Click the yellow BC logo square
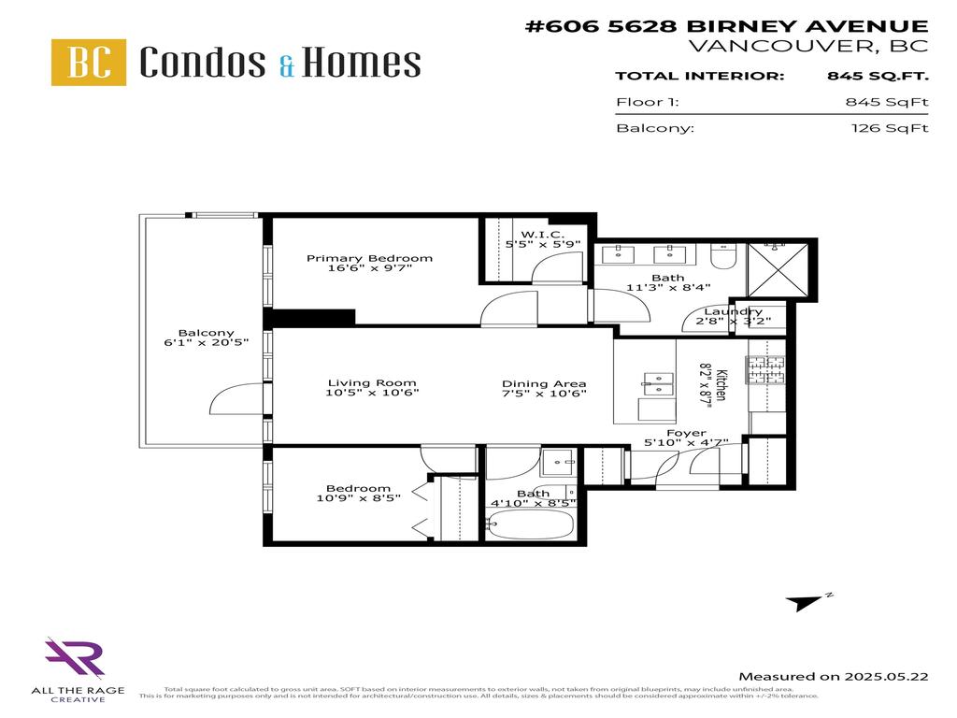point(89,63)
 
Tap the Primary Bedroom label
point(369,258)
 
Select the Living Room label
point(371,382)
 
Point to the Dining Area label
point(544,383)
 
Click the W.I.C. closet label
point(540,234)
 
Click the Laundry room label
point(733,311)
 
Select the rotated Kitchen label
point(721,381)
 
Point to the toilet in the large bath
point(724,255)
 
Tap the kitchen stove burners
point(764,371)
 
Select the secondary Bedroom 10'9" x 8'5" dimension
point(357,499)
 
